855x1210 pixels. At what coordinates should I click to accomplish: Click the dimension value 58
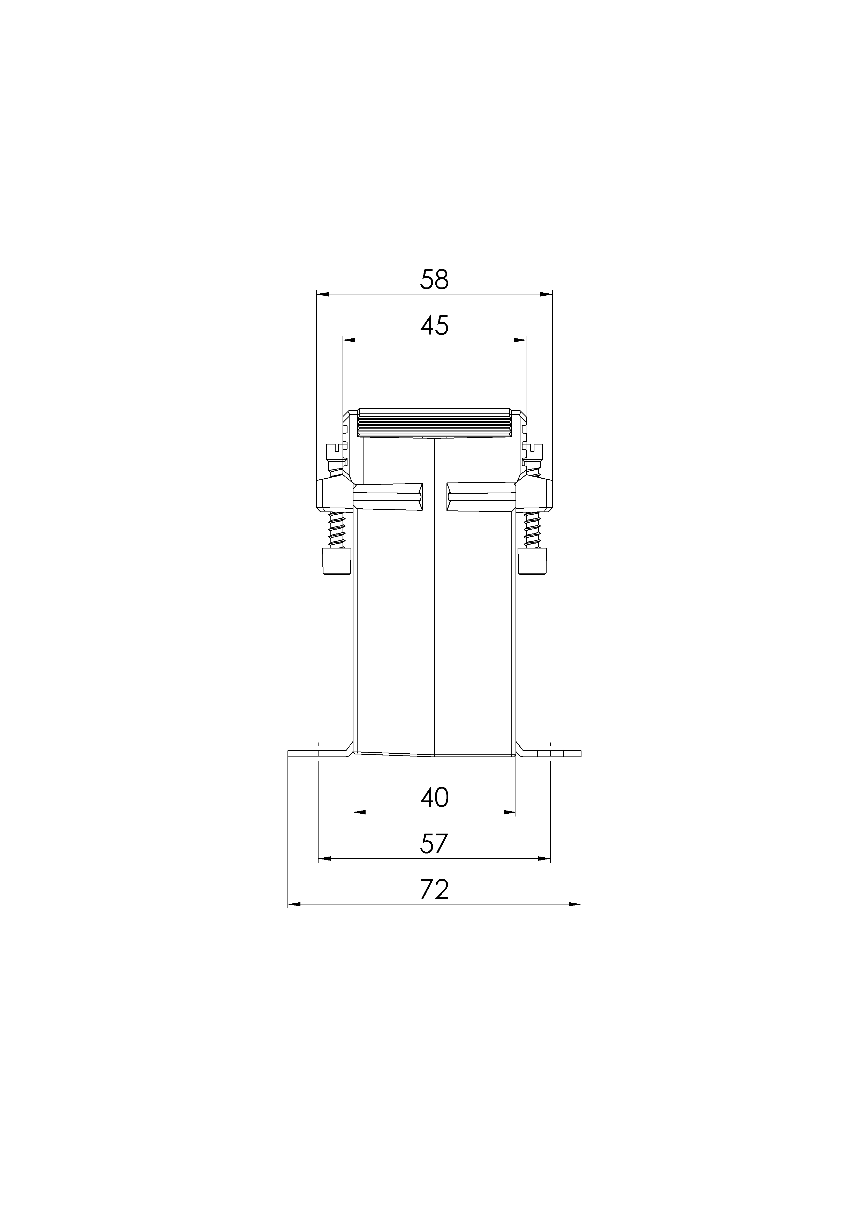[x=435, y=280]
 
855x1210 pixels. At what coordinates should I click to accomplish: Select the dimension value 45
[x=435, y=326]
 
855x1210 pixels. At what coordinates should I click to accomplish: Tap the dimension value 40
[x=435, y=797]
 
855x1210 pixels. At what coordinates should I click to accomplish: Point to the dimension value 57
[x=435, y=843]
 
